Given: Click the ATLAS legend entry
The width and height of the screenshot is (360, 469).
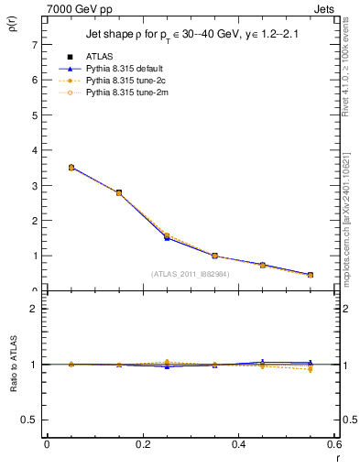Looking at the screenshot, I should click(99, 56).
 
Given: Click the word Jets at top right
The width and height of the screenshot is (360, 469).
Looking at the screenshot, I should click(324, 7).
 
